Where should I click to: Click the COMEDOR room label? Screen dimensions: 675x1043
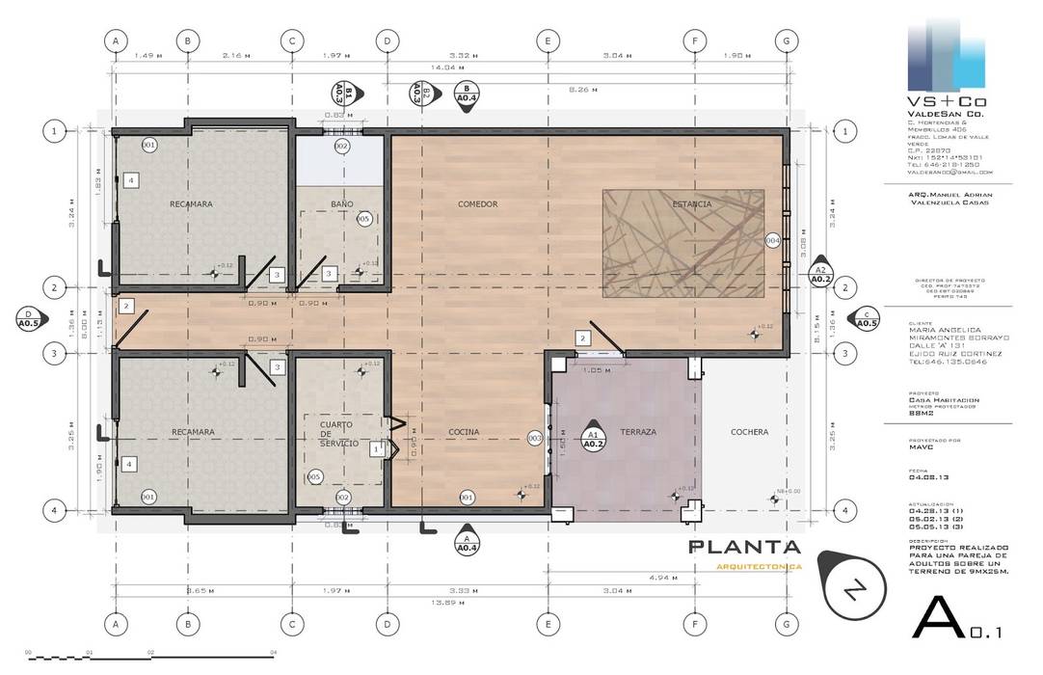(x=477, y=204)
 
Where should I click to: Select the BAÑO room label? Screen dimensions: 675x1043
(x=341, y=204)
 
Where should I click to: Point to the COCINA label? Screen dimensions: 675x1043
(x=464, y=432)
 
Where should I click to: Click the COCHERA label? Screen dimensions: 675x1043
(x=749, y=432)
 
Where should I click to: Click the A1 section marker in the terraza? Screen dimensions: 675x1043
(x=594, y=440)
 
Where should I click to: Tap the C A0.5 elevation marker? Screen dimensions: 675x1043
(x=866, y=319)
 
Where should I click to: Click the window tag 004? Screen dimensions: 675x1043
(x=772, y=240)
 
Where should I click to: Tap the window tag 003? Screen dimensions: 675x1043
(x=535, y=438)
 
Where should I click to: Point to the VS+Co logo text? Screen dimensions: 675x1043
(x=949, y=101)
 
